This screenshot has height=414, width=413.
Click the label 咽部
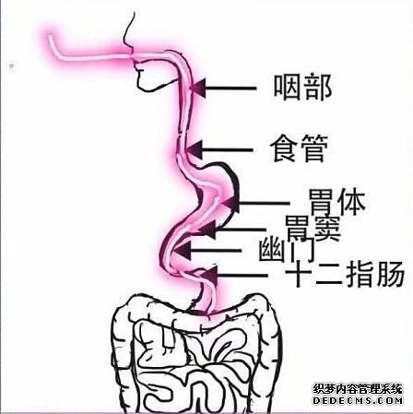(x=302, y=88)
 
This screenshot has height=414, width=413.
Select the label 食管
(x=299, y=148)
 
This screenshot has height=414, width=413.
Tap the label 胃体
(x=336, y=202)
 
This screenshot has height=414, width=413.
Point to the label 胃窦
(x=313, y=229)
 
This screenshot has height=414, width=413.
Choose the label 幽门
(x=287, y=251)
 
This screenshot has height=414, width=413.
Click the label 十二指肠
(x=345, y=274)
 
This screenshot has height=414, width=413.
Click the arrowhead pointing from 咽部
(x=197, y=89)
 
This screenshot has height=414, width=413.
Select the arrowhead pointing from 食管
(x=195, y=150)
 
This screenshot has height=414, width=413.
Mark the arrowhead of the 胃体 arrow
(x=231, y=203)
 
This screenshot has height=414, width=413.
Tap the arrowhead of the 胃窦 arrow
(x=208, y=230)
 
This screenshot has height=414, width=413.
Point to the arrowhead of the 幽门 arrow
(x=183, y=250)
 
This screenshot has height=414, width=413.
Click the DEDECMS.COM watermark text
(x=358, y=400)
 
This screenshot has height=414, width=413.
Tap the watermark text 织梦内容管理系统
(x=358, y=388)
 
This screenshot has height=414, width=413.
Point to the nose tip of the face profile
(x=132, y=52)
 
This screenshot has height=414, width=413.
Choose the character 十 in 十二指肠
(x=298, y=274)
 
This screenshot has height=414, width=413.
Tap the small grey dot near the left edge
(x=11, y=65)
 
